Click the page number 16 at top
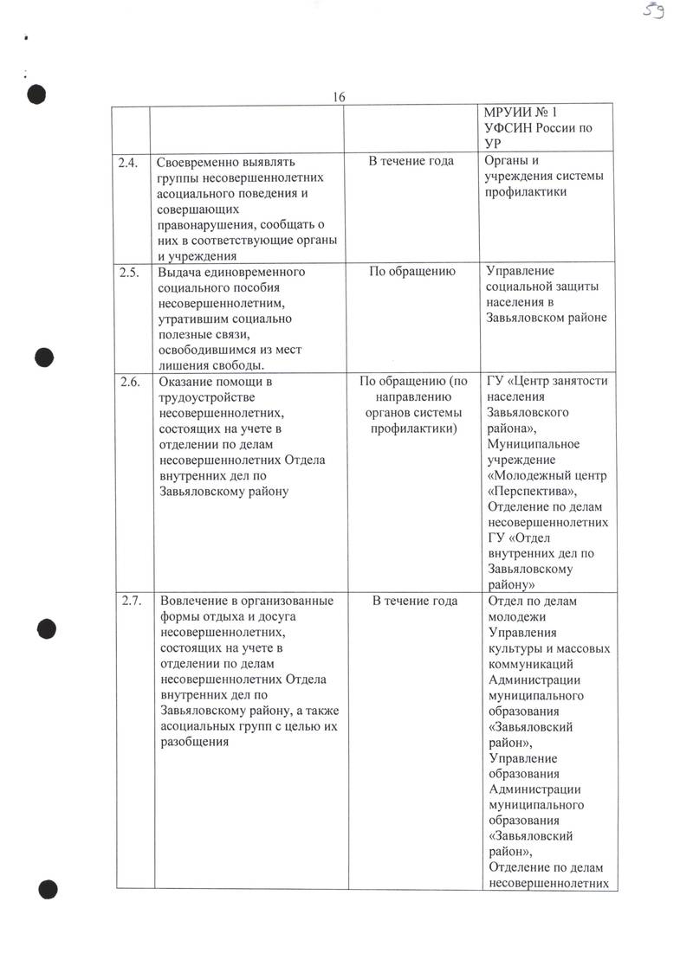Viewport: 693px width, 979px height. (339, 97)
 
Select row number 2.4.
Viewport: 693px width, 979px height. (131, 162)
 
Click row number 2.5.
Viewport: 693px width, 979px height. (131, 272)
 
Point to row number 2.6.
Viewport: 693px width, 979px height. (131, 381)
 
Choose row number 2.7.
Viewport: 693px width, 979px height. (131, 601)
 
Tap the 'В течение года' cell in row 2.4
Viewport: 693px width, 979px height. (411, 162)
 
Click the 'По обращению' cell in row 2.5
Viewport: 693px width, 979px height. (412, 272)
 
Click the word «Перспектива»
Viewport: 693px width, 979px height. (532, 491)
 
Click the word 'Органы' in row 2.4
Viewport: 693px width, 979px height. (507, 162)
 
